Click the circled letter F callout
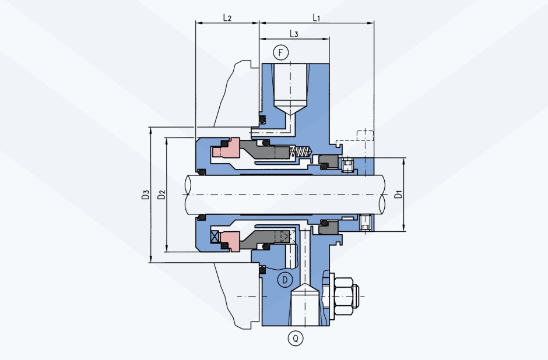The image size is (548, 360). tap(280, 53)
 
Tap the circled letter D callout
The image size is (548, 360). tap(285, 280)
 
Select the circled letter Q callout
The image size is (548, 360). tap(296, 338)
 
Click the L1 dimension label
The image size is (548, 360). tap(316, 17)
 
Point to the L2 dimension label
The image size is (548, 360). tap(227, 17)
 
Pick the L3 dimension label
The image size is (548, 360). tap(294, 34)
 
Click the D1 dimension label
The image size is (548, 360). tap(398, 195)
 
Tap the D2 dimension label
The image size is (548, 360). tap(161, 195)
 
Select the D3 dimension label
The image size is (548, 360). tap(146, 195)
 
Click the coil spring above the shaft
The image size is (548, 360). tap(301, 152)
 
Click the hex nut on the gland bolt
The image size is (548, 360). tap(343, 297)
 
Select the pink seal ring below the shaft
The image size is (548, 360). tap(230, 241)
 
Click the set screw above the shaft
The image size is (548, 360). tap(347, 165)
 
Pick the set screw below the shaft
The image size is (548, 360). tap(364, 223)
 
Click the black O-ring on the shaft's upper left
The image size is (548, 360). tap(201, 172)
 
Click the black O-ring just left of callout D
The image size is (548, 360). tap(262, 270)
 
